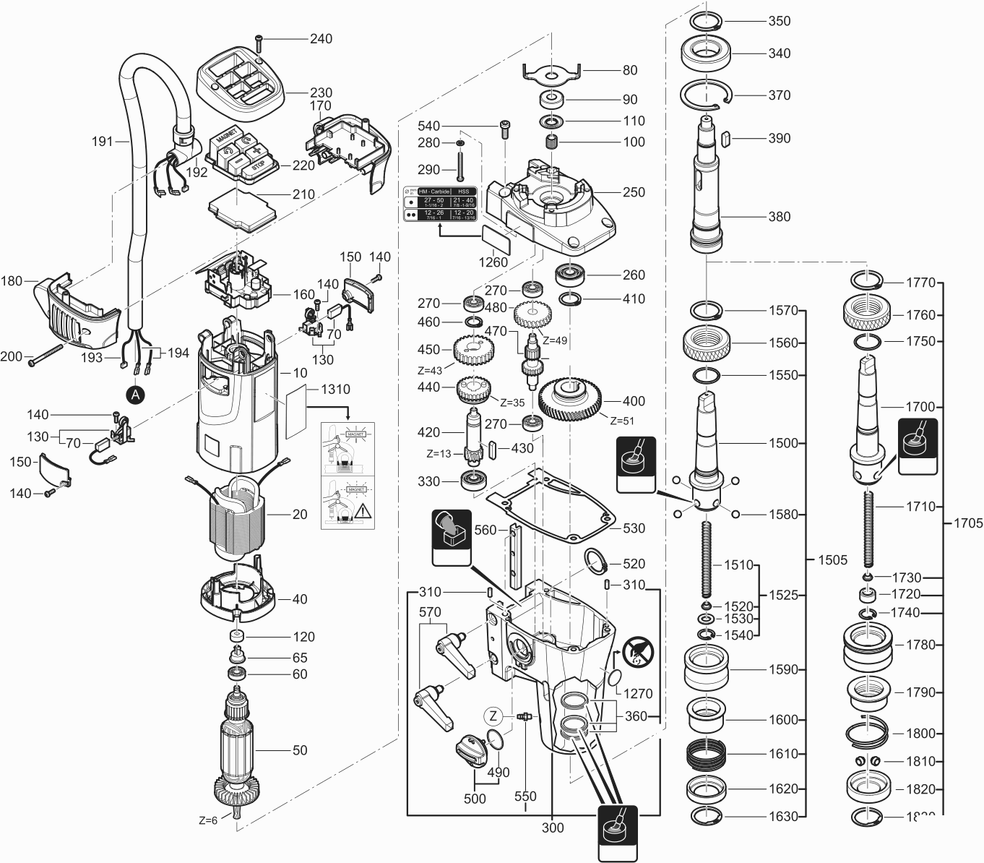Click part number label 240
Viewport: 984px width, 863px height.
(x=321, y=38)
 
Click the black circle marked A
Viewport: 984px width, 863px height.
(x=135, y=394)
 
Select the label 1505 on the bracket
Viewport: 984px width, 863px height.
(x=833, y=559)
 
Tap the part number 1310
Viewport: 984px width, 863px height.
(x=335, y=389)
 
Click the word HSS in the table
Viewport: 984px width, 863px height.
(x=465, y=192)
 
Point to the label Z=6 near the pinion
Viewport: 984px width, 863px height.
(x=208, y=820)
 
